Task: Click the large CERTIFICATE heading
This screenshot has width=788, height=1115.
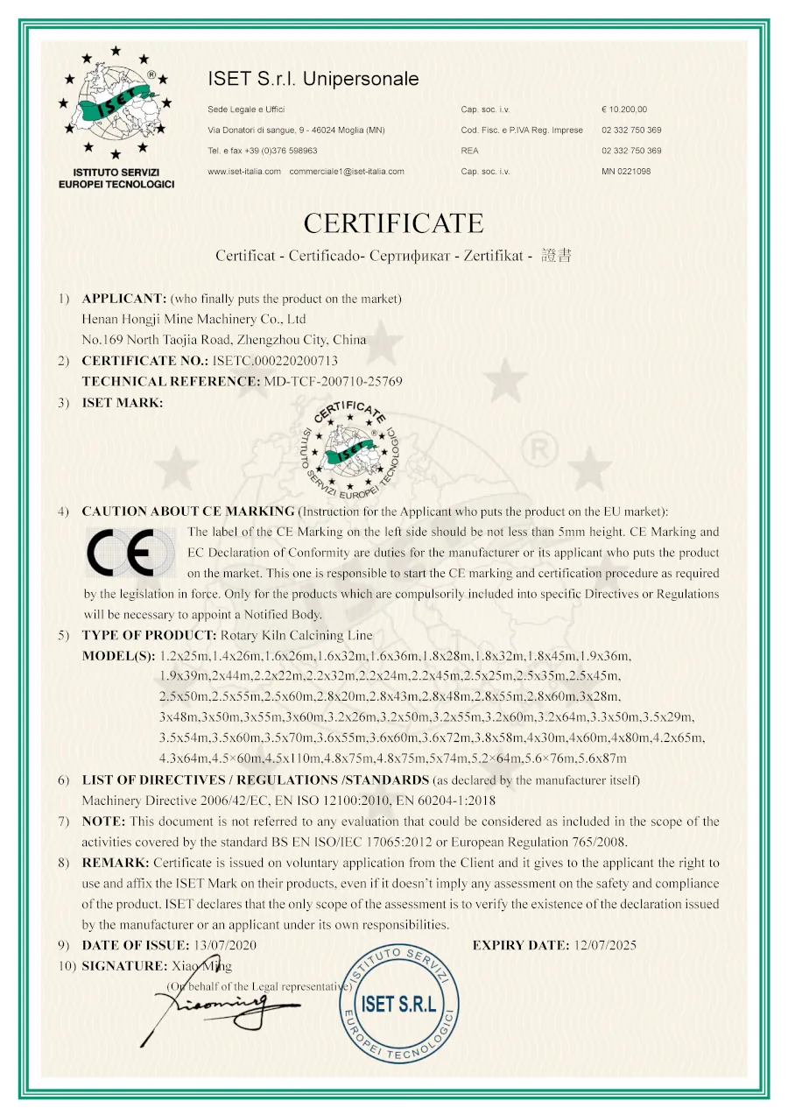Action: tap(393, 222)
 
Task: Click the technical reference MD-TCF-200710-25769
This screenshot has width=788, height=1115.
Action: tap(334, 381)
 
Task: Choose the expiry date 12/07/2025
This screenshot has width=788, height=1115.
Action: tap(605, 945)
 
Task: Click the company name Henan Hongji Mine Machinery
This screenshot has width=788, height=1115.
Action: tap(193, 319)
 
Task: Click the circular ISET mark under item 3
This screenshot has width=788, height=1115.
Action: tap(348, 448)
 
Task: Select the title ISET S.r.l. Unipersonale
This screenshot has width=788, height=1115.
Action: tap(313, 79)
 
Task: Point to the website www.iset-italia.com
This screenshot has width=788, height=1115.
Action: tap(244, 172)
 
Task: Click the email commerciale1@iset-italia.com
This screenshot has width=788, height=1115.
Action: tap(347, 172)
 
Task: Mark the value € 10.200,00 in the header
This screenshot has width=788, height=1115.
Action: tap(624, 109)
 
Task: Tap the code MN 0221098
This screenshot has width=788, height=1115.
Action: tap(626, 172)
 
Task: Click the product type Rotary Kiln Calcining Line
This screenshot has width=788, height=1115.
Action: tap(297, 635)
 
